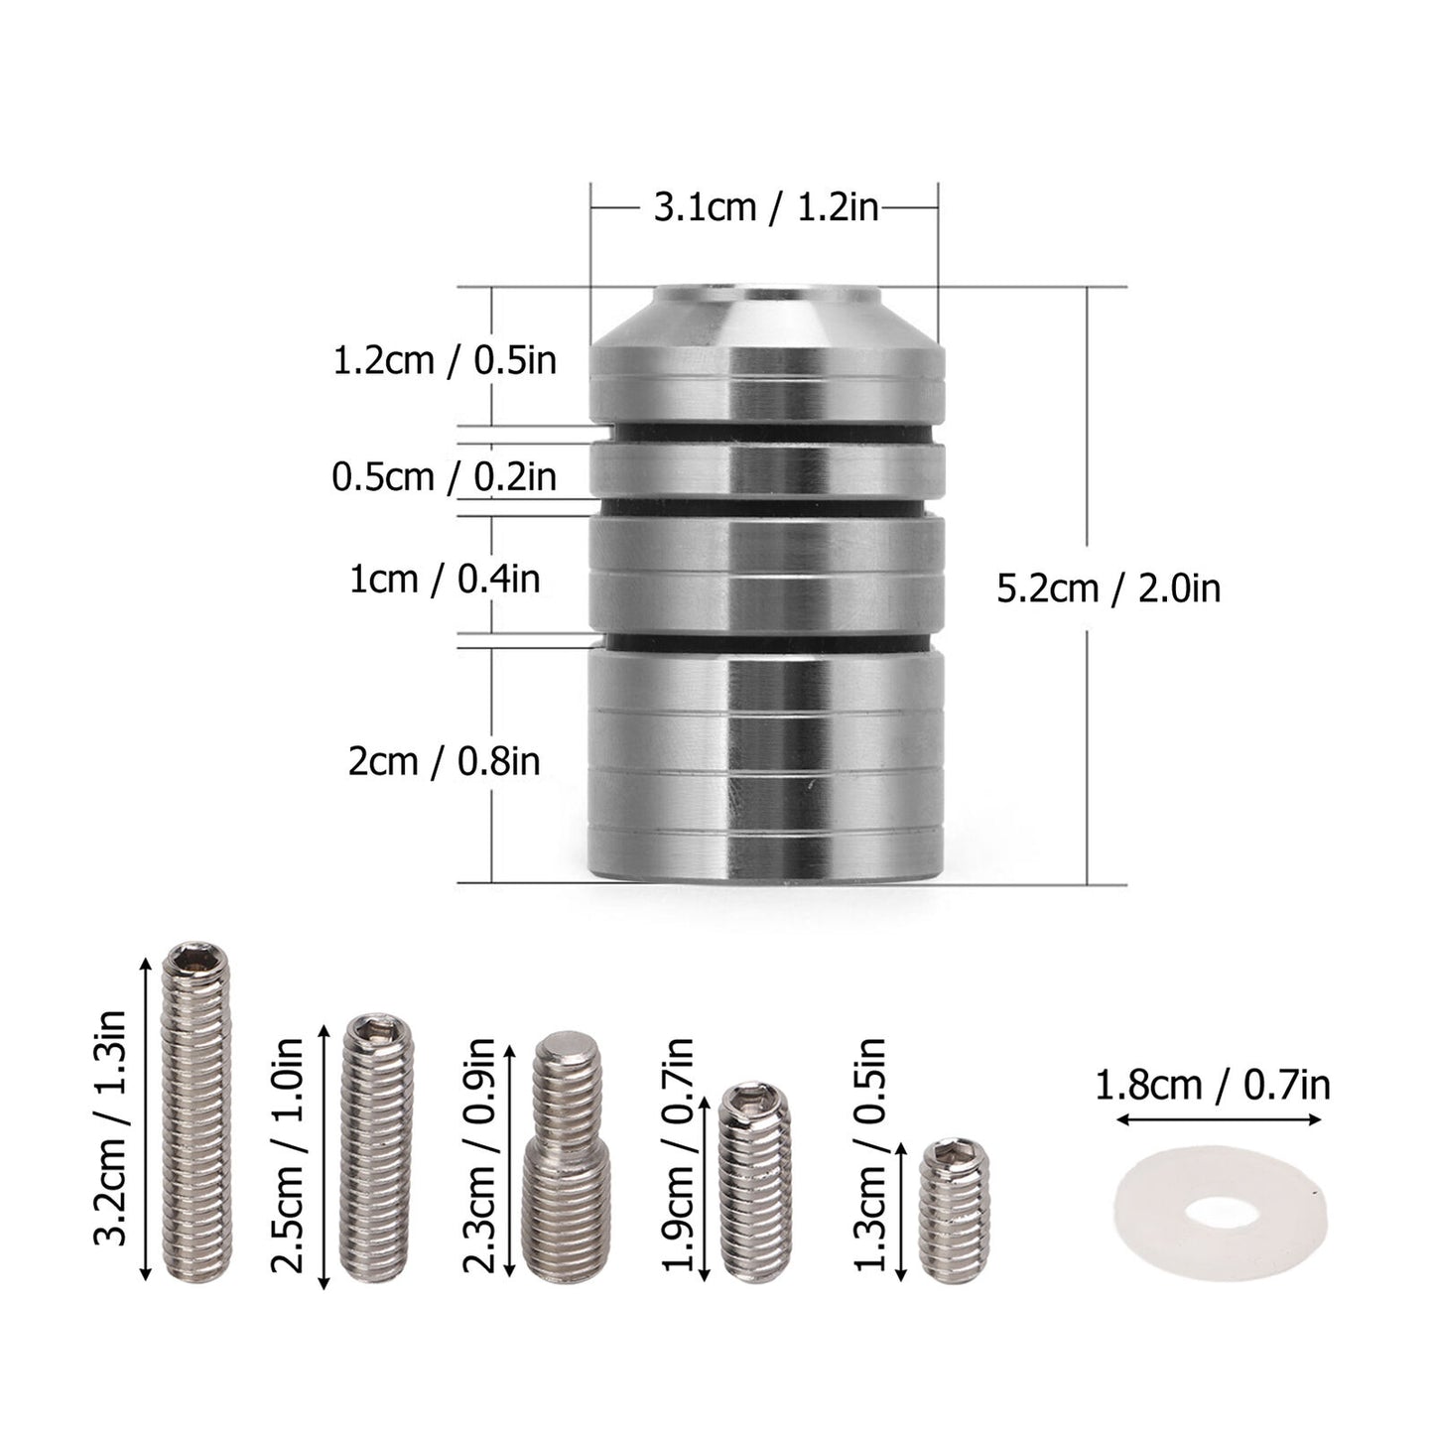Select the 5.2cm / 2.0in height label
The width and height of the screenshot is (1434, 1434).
[x=1108, y=588]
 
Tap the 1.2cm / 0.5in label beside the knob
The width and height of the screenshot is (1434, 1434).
[x=445, y=361]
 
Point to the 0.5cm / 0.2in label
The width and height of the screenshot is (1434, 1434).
[x=445, y=477]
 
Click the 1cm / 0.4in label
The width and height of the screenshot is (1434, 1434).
[x=445, y=579]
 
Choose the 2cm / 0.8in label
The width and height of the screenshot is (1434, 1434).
[x=445, y=762]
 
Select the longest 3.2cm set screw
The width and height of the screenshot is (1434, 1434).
[x=196, y=1110]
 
